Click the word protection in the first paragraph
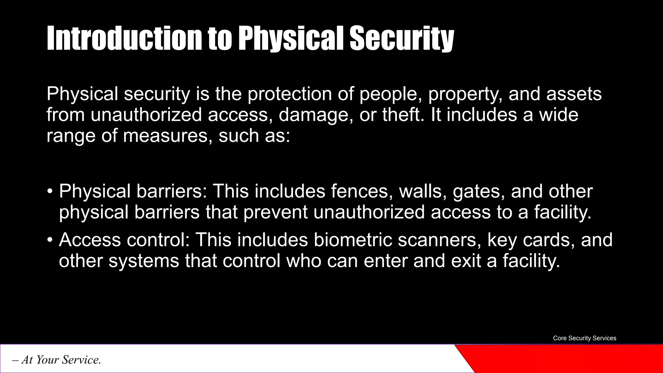[290, 94]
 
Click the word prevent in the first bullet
[275, 212]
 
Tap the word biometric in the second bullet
[353, 240]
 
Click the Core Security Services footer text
[584, 338]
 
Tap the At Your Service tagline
[57, 360]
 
